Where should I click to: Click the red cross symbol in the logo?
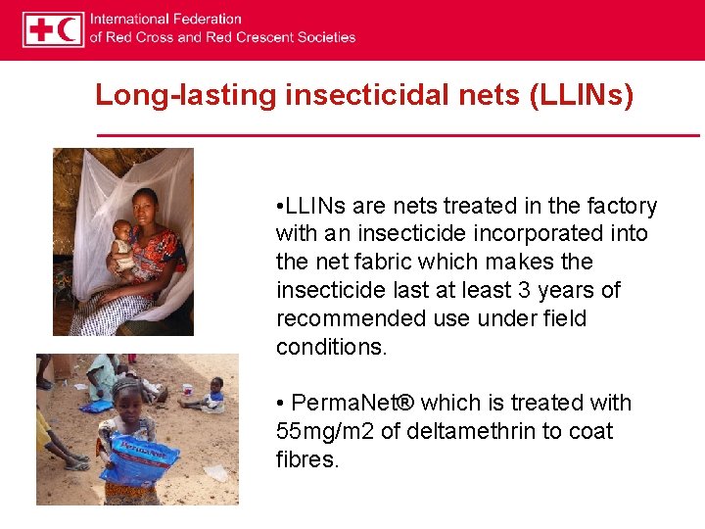(41, 29)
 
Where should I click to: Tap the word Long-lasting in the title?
(186, 96)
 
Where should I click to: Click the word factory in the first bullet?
(620, 206)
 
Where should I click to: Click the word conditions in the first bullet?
(330, 348)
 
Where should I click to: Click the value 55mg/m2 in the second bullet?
(323, 431)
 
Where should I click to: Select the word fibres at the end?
(306, 459)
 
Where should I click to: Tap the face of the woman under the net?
(146, 205)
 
